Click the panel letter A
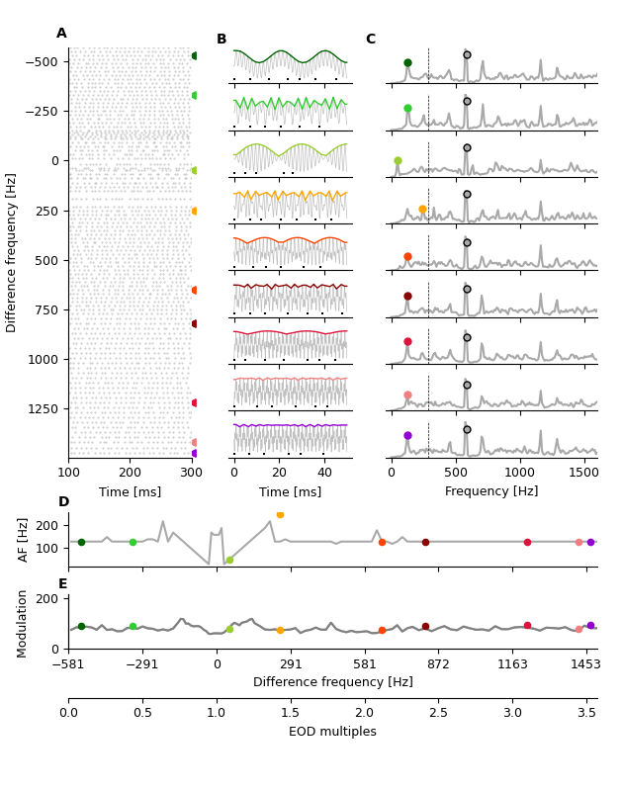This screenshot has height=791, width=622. click(61, 34)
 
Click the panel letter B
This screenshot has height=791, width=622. click(222, 40)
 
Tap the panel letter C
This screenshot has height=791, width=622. click(370, 40)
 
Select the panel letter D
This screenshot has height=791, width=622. click(63, 502)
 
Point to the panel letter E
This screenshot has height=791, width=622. click(62, 584)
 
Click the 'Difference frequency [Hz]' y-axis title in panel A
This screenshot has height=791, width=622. click(12, 252)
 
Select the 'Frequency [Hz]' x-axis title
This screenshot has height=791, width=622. click(491, 491)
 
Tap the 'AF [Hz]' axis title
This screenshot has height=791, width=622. click(24, 539)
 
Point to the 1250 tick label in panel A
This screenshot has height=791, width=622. click(43, 408)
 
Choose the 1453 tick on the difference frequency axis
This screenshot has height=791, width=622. click(585, 664)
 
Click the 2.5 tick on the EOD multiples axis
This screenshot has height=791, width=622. click(438, 712)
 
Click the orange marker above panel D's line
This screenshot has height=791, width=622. click(280, 514)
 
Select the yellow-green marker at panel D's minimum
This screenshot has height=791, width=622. click(229, 560)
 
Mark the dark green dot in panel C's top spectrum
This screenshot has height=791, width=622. click(407, 62)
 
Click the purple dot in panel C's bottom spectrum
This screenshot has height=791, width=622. click(407, 435)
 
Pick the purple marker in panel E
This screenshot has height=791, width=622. click(590, 625)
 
